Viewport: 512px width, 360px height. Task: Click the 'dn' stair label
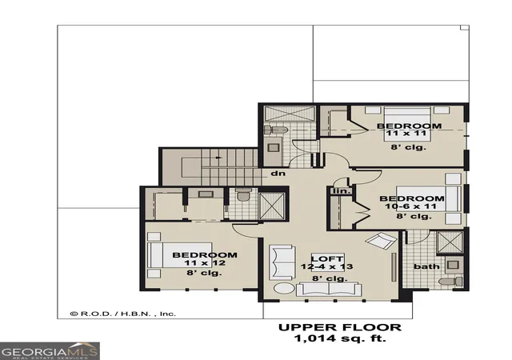coord(278,173)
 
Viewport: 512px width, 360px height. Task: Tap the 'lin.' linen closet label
coord(342,190)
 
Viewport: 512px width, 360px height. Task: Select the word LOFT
coord(327,258)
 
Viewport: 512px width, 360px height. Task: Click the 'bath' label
coord(426,266)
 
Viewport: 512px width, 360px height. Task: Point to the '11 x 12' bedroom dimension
coord(205,263)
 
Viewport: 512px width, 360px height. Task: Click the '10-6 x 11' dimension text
coord(410,206)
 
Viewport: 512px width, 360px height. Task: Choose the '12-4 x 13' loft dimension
coord(327,266)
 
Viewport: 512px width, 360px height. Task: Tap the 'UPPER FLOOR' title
coord(340,327)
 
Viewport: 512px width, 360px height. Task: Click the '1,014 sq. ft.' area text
coord(340,338)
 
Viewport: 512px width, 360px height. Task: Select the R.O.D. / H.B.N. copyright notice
coord(123,314)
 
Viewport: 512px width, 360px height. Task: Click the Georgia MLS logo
coord(50,351)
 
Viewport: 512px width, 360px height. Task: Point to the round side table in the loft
coord(284,288)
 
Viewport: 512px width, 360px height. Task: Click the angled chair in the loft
coord(381,241)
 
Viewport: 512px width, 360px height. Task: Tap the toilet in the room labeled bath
coord(450,282)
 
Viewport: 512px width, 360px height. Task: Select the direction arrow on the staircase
coord(218,158)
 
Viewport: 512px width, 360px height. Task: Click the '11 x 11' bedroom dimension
coord(406,134)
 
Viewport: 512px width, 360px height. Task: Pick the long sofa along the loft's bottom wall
coord(329,290)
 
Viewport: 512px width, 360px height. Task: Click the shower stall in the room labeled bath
coord(450,242)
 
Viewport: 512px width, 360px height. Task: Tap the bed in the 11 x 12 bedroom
coord(179,255)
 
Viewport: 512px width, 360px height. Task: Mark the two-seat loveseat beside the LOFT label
coord(282,262)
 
